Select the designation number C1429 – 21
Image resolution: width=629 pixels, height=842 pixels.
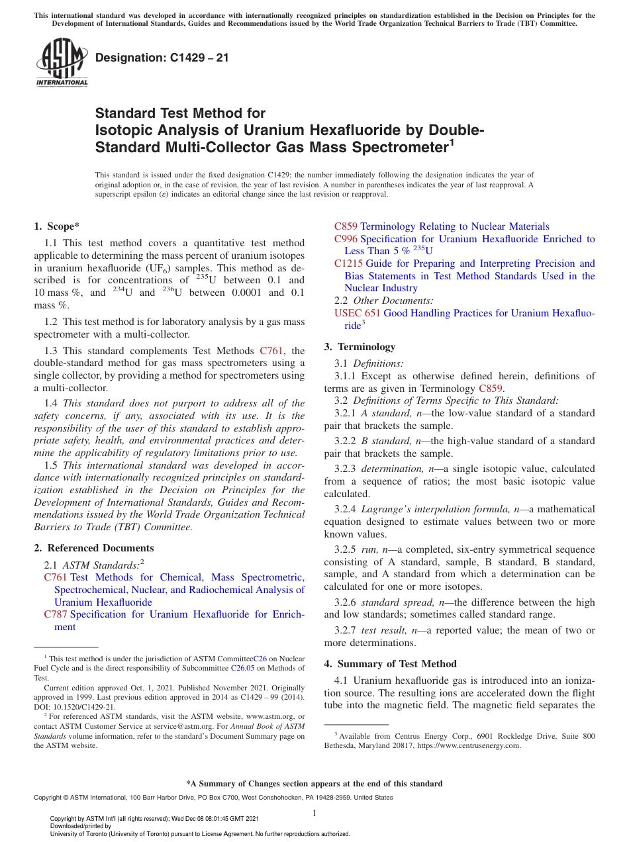pos(162,58)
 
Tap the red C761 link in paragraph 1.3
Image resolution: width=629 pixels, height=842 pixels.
pos(271,351)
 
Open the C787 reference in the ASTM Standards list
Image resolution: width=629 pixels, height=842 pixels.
pos(55,614)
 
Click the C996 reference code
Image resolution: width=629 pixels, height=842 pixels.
pos(346,239)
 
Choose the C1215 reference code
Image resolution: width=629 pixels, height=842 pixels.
pos(348,263)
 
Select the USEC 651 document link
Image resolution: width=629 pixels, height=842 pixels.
pos(357,313)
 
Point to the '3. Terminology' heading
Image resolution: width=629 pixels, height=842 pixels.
pos(360,347)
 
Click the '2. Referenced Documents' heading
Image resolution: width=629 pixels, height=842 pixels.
pos(93,548)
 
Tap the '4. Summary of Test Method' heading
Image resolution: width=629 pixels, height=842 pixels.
pos(390,664)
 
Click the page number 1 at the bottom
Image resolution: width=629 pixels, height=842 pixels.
pos(314,813)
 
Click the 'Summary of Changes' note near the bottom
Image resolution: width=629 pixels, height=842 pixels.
pos(314,784)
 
